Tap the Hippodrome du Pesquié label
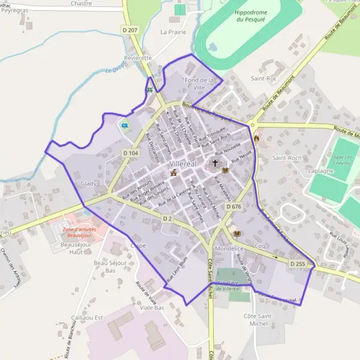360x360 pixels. pyautogui.click(x=249, y=16)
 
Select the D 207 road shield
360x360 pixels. pyautogui.click(x=132, y=29)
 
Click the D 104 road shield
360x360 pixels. pyautogui.click(x=131, y=154)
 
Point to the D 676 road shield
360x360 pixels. pyautogui.click(x=233, y=206)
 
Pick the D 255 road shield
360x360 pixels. pyautogui.click(x=297, y=263)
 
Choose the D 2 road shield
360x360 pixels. pyautogui.click(x=167, y=219)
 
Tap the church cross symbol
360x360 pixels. pyautogui.click(x=215, y=163)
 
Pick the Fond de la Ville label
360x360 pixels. pyautogui.click(x=199, y=83)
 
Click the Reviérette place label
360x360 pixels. pyautogui.click(x=137, y=58)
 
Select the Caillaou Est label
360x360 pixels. pyautogui.click(x=88, y=317)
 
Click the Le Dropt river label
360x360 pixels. pyautogui.click(x=115, y=70)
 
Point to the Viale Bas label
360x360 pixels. pyautogui.click(x=152, y=308)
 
